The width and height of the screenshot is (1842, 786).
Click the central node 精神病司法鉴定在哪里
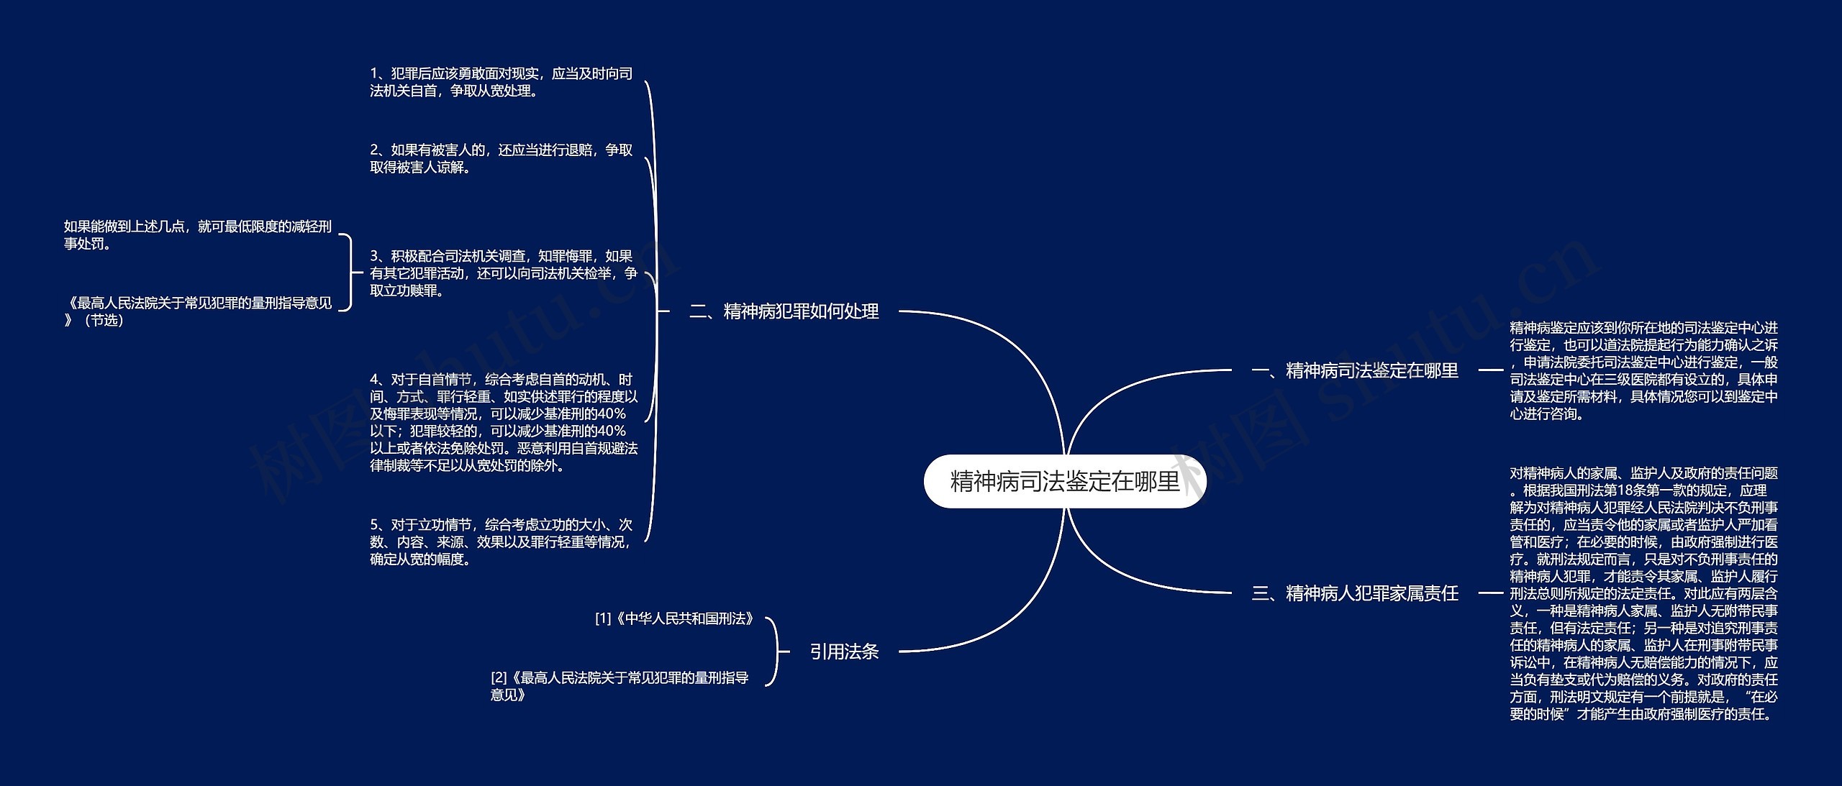(x=1064, y=481)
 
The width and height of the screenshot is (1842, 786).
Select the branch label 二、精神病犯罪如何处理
(x=784, y=311)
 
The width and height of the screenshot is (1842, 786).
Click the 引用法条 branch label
(x=844, y=652)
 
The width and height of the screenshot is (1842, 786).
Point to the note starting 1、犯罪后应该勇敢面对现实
(x=501, y=82)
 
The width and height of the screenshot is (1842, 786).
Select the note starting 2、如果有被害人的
(x=501, y=158)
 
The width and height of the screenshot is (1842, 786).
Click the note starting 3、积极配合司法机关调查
(x=503, y=273)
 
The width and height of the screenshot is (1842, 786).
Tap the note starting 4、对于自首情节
(x=503, y=422)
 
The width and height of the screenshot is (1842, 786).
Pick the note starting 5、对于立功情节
(x=501, y=541)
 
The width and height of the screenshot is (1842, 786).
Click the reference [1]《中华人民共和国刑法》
(x=674, y=618)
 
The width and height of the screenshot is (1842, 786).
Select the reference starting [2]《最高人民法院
(x=620, y=686)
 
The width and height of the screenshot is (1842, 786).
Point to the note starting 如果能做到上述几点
(x=197, y=235)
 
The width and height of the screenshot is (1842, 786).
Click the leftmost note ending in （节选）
(x=197, y=311)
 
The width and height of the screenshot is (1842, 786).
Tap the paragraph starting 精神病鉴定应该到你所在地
(x=1643, y=370)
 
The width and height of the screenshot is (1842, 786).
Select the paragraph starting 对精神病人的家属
(x=1643, y=593)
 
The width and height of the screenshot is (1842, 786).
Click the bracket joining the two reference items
(x=775, y=652)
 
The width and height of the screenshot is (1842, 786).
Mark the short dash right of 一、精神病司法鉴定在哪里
(x=1490, y=370)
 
